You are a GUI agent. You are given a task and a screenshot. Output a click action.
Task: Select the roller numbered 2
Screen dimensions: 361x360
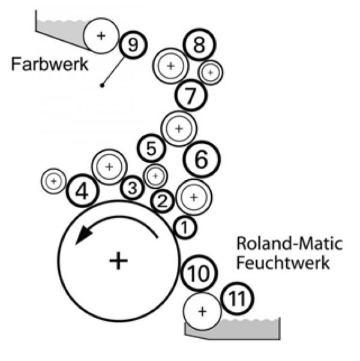click(161, 201)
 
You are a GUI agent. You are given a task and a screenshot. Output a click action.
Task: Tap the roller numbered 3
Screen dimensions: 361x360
click(132, 188)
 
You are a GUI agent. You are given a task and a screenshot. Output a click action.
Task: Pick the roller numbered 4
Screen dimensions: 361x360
click(83, 191)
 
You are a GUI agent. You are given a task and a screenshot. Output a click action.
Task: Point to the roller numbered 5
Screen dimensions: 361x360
click(151, 148)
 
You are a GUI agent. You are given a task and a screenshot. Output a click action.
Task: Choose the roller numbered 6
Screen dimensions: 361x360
click(201, 159)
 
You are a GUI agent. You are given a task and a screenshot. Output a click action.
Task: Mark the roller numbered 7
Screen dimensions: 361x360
click(191, 94)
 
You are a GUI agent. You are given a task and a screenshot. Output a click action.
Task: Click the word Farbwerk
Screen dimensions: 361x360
click(50, 64)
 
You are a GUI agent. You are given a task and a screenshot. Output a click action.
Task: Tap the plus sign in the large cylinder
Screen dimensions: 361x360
click(119, 260)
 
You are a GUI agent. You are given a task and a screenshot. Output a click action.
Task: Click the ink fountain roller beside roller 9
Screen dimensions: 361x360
click(100, 35)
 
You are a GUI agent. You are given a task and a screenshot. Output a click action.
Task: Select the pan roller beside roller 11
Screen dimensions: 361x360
click(202, 311)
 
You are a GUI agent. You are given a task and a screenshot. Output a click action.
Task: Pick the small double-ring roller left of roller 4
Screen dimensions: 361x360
click(54, 179)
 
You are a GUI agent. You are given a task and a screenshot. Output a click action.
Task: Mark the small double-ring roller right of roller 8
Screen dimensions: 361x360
click(211, 73)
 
